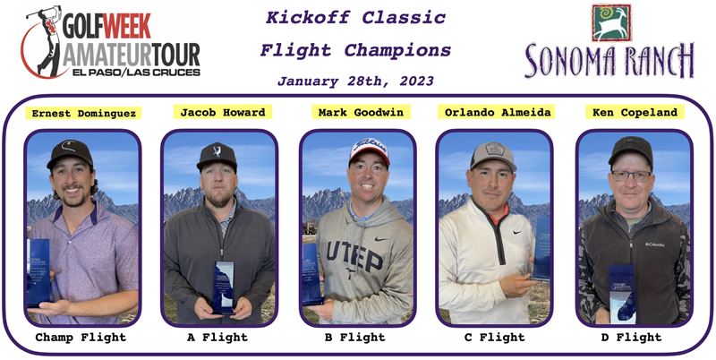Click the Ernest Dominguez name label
click(83, 114)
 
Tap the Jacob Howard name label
click(223, 112)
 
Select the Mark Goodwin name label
click(361, 112)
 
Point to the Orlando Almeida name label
click(497, 112)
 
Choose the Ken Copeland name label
click(635, 112)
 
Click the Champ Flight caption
click(81, 338)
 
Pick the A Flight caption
click(217, 338)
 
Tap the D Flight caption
click(632, 338)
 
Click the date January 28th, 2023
click(355, 81)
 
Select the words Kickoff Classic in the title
click(355, 18)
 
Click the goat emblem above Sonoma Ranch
click(611, 22)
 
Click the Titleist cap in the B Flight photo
click(369, 150)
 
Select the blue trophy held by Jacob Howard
click(224, 287)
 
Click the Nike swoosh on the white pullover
click(517, 233)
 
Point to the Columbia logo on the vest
click(654, 244)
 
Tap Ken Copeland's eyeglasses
click(631, 175)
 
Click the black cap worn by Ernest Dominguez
click(70, 153)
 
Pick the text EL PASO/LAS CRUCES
click(136, 73)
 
